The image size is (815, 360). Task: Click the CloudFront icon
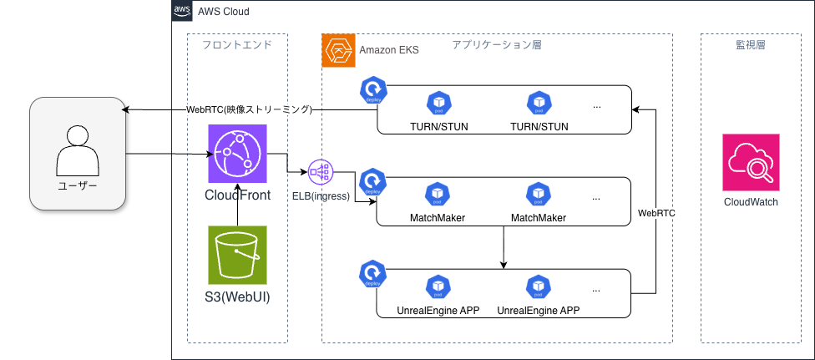pos(237,154)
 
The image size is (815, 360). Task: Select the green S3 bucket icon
pos(237,254)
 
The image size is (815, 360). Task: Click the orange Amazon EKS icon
pos(338,50)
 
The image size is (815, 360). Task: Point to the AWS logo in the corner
pos(181,11)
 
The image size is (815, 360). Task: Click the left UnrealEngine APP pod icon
pos(438,287)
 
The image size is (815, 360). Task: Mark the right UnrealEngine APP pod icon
pos(538,287)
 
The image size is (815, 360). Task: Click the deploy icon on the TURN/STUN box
pos(372,89)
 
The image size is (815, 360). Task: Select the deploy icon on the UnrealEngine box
pos(372,273)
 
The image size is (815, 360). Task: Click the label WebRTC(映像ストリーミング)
pos(248,109)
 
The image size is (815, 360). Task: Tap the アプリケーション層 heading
pos(497,45)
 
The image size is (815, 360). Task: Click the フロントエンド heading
pos(237,45)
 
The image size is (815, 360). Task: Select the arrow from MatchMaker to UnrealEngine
pos(504,247)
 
